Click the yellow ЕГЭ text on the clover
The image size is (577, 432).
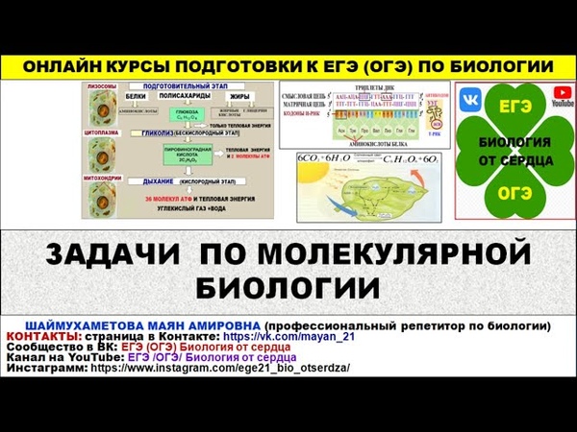(515, 106)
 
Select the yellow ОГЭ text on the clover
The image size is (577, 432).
(515, 193)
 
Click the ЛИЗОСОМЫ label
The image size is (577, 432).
(103, 86)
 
